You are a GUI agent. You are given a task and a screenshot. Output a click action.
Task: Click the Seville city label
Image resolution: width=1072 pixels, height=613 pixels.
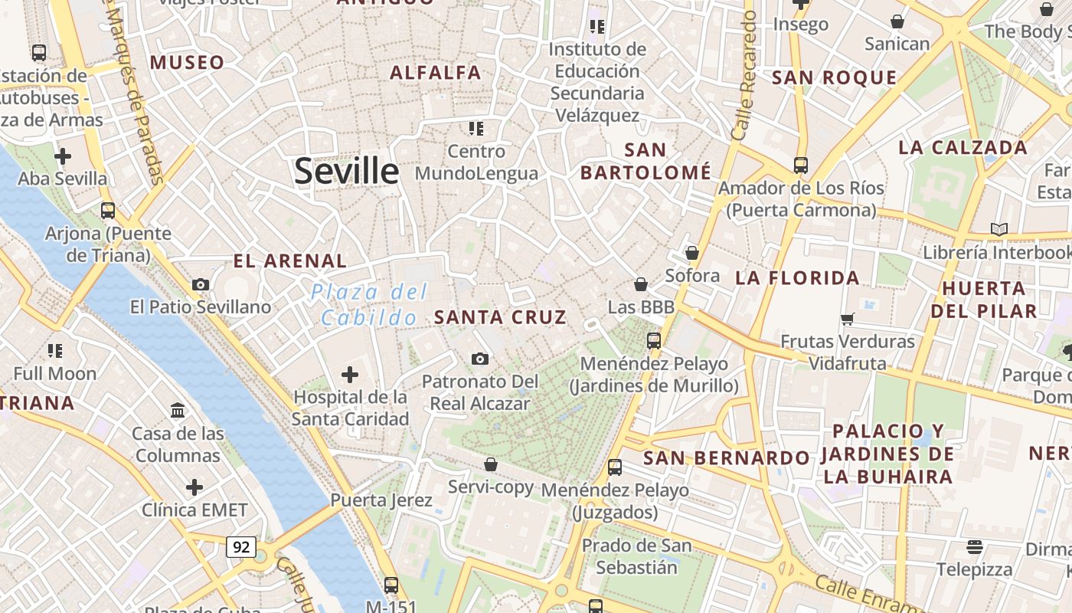[346, 170]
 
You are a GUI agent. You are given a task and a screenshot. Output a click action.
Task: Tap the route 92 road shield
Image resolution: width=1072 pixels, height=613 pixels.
[241, 547]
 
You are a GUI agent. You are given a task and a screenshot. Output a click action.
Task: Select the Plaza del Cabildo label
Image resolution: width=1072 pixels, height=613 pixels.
[369, 304]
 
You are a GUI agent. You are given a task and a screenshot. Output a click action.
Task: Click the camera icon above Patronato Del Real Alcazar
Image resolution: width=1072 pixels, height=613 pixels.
[480, 359]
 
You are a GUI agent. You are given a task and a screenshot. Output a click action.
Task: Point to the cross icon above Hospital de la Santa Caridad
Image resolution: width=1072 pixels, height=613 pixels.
[350, 375]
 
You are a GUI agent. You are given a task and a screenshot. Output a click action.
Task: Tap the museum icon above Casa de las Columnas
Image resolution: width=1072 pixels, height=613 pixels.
[178, 411]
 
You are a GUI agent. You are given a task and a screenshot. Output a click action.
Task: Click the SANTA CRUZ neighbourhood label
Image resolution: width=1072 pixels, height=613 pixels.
[500, 317]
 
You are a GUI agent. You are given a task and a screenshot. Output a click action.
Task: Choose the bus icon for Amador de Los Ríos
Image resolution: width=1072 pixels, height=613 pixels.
[801, 165]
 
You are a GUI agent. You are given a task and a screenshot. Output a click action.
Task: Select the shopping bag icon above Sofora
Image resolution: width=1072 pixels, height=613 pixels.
[692, 253]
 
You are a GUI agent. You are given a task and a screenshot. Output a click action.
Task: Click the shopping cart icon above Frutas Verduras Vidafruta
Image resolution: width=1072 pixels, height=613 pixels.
[847, 319]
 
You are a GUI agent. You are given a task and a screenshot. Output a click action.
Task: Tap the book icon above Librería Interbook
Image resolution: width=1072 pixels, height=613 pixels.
[998, 229]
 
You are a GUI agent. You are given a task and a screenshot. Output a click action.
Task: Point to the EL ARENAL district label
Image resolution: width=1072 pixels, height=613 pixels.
[290, 261]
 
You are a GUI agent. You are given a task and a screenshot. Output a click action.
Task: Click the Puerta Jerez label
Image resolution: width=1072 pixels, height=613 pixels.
[381, 500]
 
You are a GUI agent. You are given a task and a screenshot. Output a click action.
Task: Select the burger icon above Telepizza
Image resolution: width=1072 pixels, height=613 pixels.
[975, 547]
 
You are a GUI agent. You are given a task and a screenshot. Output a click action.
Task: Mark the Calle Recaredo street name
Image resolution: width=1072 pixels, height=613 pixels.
[744, 75]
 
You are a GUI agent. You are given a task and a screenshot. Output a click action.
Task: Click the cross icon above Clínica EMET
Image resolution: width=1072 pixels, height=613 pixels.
[194, 487]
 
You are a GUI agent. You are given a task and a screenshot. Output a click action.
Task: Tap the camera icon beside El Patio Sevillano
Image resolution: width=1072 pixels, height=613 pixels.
[201, 285]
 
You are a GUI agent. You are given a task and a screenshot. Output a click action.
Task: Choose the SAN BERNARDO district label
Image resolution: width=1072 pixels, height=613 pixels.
[726, 458]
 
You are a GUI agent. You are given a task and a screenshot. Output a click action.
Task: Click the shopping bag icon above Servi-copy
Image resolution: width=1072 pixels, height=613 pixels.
[491, 464]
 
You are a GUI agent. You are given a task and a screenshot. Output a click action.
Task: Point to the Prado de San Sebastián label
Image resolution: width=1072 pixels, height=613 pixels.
[636, 556]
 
